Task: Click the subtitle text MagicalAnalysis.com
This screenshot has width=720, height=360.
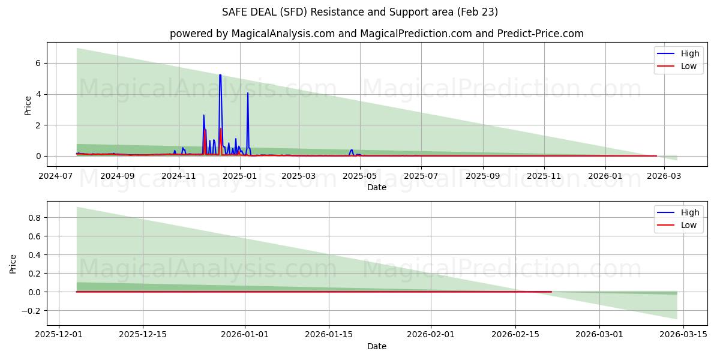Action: click(x=281, y=34)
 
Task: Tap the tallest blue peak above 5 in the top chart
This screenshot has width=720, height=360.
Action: click(x=220, y=76)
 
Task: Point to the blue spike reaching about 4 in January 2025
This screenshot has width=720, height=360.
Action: click(x=248, y=93)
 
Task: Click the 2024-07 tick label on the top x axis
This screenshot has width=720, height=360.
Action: click(x=56, y=176)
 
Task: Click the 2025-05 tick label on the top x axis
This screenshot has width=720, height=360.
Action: click(x=360, y=176)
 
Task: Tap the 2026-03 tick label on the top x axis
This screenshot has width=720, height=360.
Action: click(x=664, y=176)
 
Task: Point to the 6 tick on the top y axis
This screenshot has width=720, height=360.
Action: click(x=37, y=63)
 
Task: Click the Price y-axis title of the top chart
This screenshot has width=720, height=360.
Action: click(x=28, y=104)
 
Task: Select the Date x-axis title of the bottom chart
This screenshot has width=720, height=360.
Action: click(x=377, y=346)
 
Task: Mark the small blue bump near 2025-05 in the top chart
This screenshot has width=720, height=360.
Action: click(x=352, y=151)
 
